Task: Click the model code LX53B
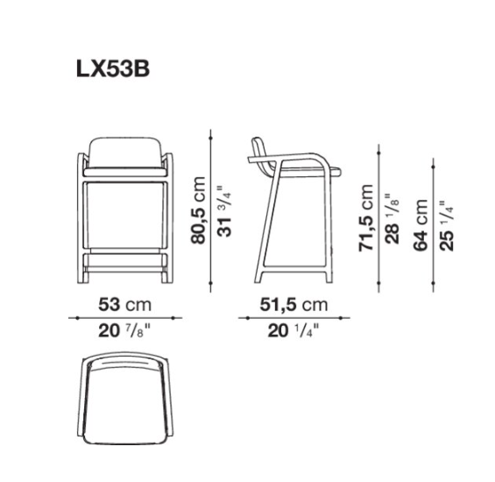pos(113,69)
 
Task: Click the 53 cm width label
pos(125,305)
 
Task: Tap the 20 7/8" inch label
pos(124,331)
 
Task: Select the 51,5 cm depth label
pos(293,305)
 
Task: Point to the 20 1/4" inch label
pos(293,331)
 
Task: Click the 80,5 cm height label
pos(198,210)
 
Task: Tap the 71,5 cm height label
pos(366,218)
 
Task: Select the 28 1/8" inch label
pos(392,218)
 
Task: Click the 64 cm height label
pos(421,225)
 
